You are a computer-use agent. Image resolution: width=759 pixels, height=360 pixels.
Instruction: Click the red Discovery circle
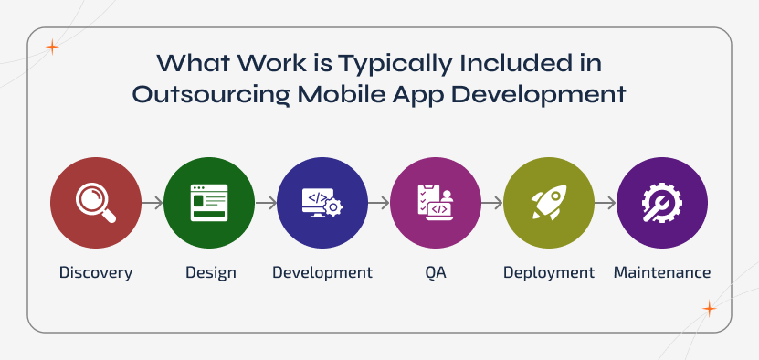coord(96,203)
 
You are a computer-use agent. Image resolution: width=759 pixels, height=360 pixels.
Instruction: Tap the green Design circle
coord(209,203)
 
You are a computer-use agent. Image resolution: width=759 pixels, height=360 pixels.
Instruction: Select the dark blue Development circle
coord(322,203)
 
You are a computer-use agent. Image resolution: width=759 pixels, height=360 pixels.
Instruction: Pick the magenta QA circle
coord(436,203)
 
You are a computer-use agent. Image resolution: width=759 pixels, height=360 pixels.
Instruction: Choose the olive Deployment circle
coord(549,203)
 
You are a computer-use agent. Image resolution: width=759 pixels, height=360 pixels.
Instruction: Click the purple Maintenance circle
coord(662,203)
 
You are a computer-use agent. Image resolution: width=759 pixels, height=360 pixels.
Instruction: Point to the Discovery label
coord(96,272)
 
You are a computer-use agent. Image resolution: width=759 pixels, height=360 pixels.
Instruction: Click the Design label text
coord(210,272)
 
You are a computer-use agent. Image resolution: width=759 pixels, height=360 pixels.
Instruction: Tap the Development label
coord(322,272)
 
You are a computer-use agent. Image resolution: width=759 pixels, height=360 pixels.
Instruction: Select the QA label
coord(436,272)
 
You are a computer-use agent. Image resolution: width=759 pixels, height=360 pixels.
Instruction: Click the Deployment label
coord(549,272)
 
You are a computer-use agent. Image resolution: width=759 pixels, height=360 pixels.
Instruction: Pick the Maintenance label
coord(662,272)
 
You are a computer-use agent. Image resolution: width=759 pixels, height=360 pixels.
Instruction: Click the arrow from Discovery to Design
coord(153,203)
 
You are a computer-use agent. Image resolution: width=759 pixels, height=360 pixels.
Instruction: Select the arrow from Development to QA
coord(379,203)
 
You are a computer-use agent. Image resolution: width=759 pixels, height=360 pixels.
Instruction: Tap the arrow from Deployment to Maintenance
coord(606,203)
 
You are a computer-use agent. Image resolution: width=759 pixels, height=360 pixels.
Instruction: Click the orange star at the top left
coord(52,48)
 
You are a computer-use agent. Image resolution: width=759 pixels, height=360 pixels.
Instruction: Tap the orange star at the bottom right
coord(710,309)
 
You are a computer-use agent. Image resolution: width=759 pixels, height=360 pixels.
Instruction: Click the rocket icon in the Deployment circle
coord(549,203)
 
